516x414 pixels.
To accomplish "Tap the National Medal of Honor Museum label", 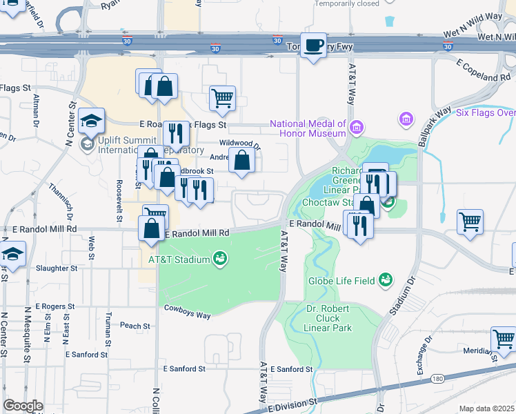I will pyautogui.click(x=307, y=129).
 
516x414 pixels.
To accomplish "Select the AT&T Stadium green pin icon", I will pyautogui.click(x=220, y=259).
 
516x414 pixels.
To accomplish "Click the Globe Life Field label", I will pyautogui.click(x=350, y=280).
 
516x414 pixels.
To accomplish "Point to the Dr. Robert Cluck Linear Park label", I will pyautogui.click(x=328, y=318).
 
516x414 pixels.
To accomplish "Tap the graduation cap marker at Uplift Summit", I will pyautogui.click(x=91, y=122).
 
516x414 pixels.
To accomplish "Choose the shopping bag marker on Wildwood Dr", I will pyautogui.click(x=241, y=161).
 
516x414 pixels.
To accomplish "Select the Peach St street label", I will pyautogui.click(x=135, y=326).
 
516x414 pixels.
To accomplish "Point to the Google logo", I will pyautogui.click(x=23, y=406).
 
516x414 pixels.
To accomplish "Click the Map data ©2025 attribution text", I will pyautogui.click(x=487, y=408).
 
